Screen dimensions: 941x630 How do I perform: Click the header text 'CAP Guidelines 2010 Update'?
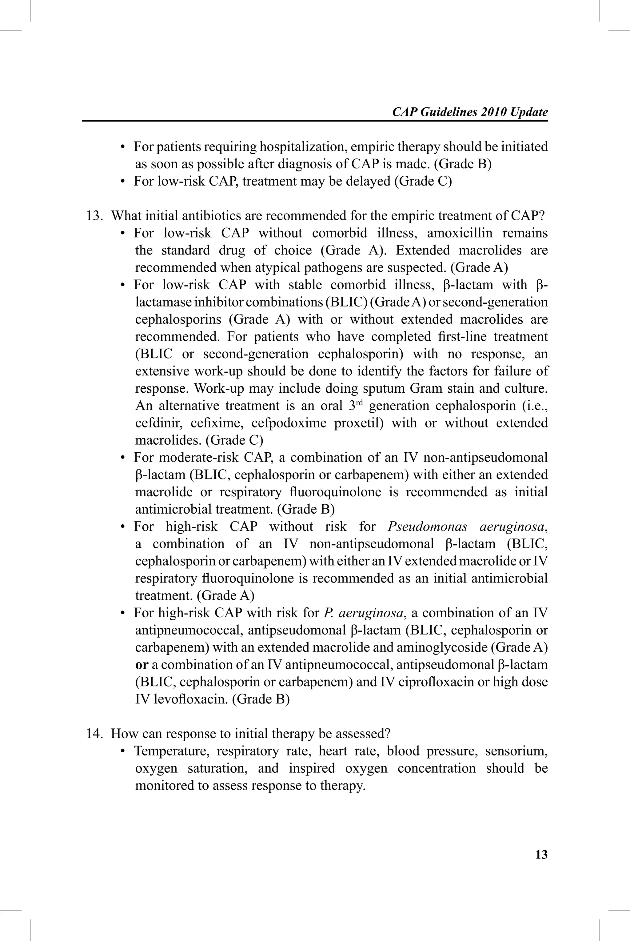(470, 112)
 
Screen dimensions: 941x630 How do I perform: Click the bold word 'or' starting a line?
(142, 665)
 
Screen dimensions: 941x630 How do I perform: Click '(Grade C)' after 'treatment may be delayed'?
(423, 182)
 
